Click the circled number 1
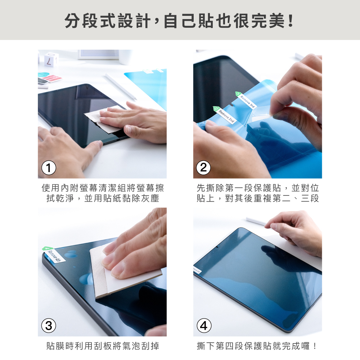49,168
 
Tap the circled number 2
203,168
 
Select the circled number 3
49,325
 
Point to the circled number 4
204,325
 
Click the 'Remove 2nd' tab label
226,116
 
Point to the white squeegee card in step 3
124,271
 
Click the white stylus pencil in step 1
121,86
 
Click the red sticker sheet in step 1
52,78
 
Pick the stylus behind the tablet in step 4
256,221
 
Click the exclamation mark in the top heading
291,21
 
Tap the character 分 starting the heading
73,21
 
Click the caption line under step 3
102,346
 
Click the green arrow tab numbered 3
238,94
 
